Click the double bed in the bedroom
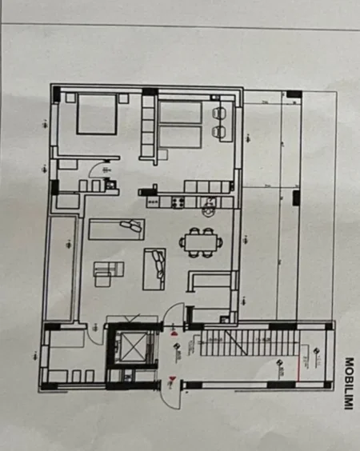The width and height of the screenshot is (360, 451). click(97, 115)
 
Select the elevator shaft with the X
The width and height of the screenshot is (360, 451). click(127, 347)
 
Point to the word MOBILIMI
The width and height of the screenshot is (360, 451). click(348, 384)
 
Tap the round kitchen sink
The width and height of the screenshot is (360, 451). click(208, 211)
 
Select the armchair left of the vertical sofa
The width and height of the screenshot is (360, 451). click(103, 273)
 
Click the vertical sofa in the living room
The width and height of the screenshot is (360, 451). click(153, 269)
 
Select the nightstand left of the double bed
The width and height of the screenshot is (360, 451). click(70, 98)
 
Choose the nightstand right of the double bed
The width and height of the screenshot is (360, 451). click(124, 97)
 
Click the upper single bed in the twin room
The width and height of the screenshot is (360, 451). click(180, 112)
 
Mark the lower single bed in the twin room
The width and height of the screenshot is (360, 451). click(180, 138)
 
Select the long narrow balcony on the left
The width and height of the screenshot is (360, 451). click(61, 267)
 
